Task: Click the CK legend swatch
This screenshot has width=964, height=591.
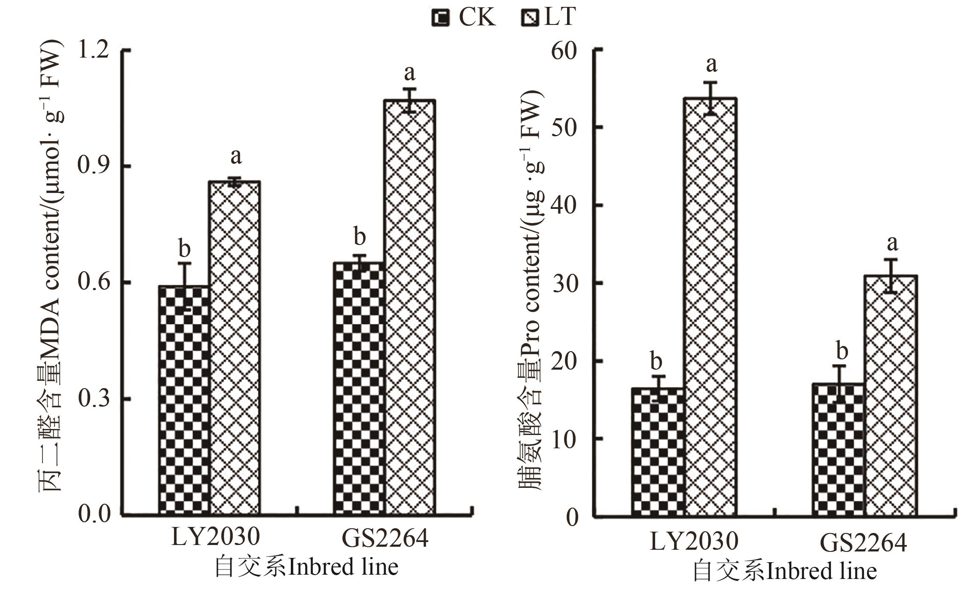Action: point(440,18)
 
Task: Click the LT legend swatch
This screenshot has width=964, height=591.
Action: point(530,18)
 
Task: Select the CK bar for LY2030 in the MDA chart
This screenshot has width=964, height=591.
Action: point(185,400)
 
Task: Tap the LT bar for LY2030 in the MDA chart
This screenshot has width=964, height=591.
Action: point(235,348)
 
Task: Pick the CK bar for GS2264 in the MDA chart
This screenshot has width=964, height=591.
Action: point(360,389)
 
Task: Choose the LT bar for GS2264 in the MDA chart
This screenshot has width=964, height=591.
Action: point(410,307)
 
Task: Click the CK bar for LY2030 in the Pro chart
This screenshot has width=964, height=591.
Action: point(657,451)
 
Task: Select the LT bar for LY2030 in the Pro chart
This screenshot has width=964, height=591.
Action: point(711,307)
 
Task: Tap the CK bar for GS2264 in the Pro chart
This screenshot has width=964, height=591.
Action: point(838,449)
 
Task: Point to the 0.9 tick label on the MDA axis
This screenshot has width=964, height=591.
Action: point(92,166)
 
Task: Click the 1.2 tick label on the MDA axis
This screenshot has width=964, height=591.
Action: point(92,50)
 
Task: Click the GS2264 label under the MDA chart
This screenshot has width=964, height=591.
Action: point(385,538)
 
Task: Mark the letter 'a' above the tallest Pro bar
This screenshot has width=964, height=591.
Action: point(711,64)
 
